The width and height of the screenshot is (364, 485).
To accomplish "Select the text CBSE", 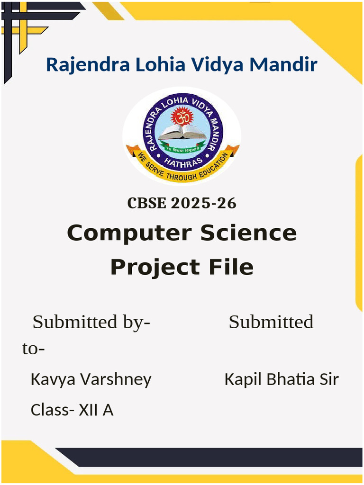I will (x=147, y=203).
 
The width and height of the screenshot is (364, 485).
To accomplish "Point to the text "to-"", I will (x=34, y=350).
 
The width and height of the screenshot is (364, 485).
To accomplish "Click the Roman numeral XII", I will (x=89, y=410).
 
